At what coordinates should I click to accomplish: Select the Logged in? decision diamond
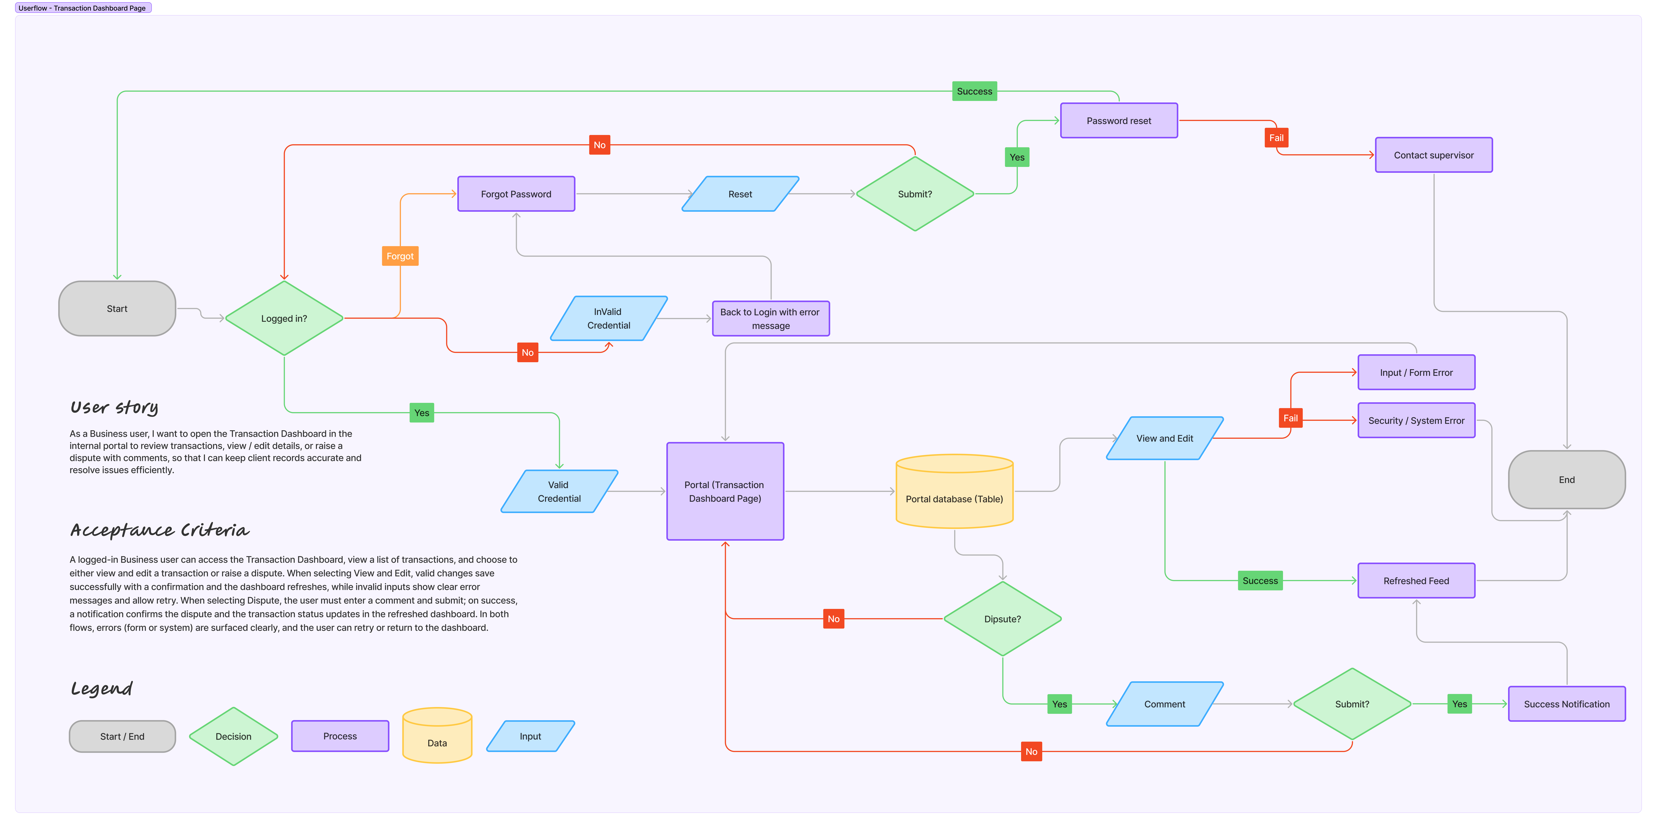click(x=284, y=319)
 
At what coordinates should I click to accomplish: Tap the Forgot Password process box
click(x=516, y=194)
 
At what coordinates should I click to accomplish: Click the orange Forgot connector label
click(x=400, y=256)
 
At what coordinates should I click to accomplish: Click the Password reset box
click(x=1119, y=120)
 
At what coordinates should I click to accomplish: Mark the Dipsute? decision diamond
click(x=1002, y=619)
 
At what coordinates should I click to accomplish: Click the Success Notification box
click(x=1566, y=704)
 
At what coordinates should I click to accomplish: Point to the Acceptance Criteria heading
click(x=160, y=530)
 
